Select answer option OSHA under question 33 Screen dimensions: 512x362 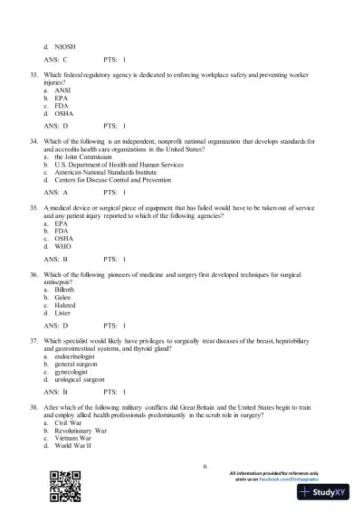pyautogui.click(x=64, y=113)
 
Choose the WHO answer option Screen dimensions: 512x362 pyautogui.click(x=64, y=245)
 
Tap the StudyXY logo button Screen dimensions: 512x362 pyautogui.click(x=323, y=493)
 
